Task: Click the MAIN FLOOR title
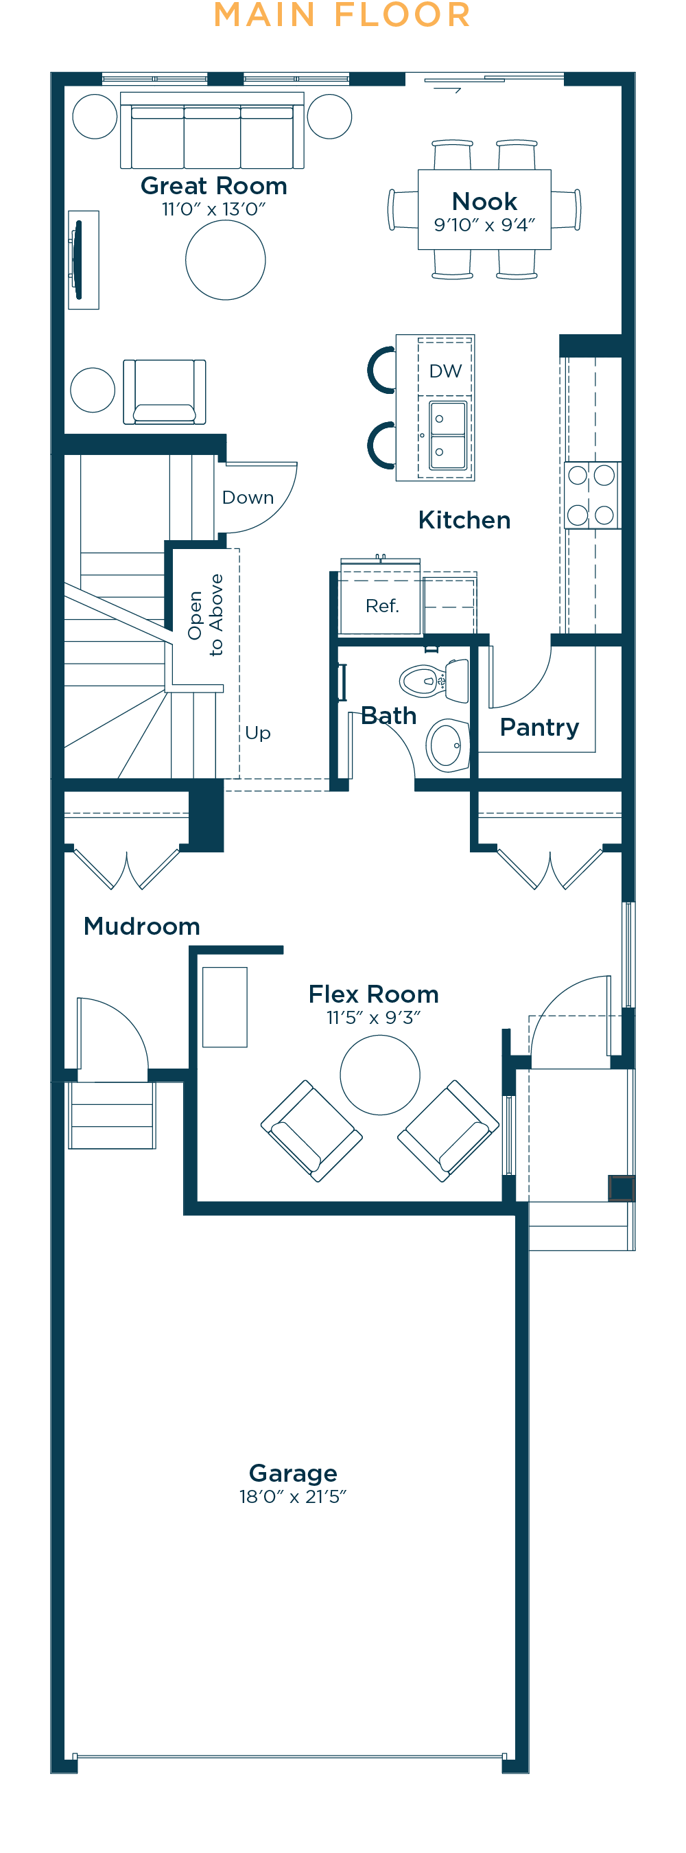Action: [342, 15]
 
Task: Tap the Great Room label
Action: [213, 185]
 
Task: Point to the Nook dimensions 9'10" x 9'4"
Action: [484, 225]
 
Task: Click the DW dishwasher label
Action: [445, 371]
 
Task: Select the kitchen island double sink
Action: [448, 435]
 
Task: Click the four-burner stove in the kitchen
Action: [592, 496]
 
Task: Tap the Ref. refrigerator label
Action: [382, 606]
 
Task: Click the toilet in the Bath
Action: [434, 679]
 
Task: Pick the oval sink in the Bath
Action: [447, 745]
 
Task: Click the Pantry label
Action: [539, 728]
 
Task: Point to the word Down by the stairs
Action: [248, 498]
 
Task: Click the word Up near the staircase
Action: [257, 733]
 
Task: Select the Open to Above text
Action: [206, 615]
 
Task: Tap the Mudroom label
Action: [141, 926]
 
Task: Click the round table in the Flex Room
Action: [379, 1075]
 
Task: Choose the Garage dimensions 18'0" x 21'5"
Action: [293, 1497]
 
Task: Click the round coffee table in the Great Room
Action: [226, 259]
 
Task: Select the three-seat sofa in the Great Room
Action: [212, 130]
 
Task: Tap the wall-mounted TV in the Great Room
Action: [78, 259]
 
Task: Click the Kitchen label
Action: [464, 520]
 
